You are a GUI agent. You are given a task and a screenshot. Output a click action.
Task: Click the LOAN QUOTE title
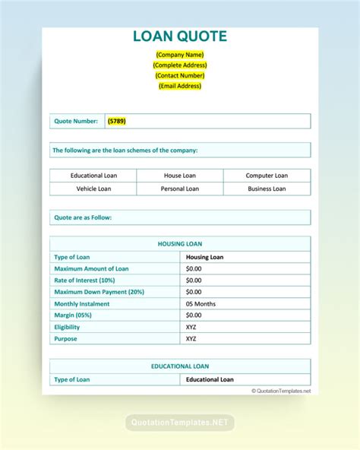pos(180,36)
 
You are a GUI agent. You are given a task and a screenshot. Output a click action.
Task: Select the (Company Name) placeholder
pos(180,54)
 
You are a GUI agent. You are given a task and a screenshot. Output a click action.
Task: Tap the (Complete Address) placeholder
pos(180,65)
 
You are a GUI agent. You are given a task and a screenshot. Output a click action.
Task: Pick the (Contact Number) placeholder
pos(180,75)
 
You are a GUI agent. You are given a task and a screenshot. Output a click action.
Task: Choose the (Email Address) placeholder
pos(180,86)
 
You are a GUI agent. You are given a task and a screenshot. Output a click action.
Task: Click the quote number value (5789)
pos(116,121)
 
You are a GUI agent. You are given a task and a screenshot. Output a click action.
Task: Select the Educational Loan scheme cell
pos(93,176)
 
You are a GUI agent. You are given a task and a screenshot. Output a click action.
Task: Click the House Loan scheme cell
pos(179,176)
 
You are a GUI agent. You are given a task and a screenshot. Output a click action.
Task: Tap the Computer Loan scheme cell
pos(267,176)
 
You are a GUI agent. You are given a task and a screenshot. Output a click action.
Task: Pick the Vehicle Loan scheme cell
pos(93,189)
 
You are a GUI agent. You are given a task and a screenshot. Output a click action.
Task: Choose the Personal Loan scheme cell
pos(179,189)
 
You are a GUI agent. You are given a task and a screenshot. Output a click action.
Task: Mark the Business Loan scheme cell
pos(267,189)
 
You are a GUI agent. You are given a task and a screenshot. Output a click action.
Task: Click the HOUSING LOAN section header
pos(180,244)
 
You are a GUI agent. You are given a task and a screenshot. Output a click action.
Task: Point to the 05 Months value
pos(201,303)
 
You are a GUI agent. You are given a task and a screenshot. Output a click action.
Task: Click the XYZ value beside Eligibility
pos(191,327)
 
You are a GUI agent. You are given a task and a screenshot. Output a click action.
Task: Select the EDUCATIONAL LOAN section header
pos(180,366)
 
